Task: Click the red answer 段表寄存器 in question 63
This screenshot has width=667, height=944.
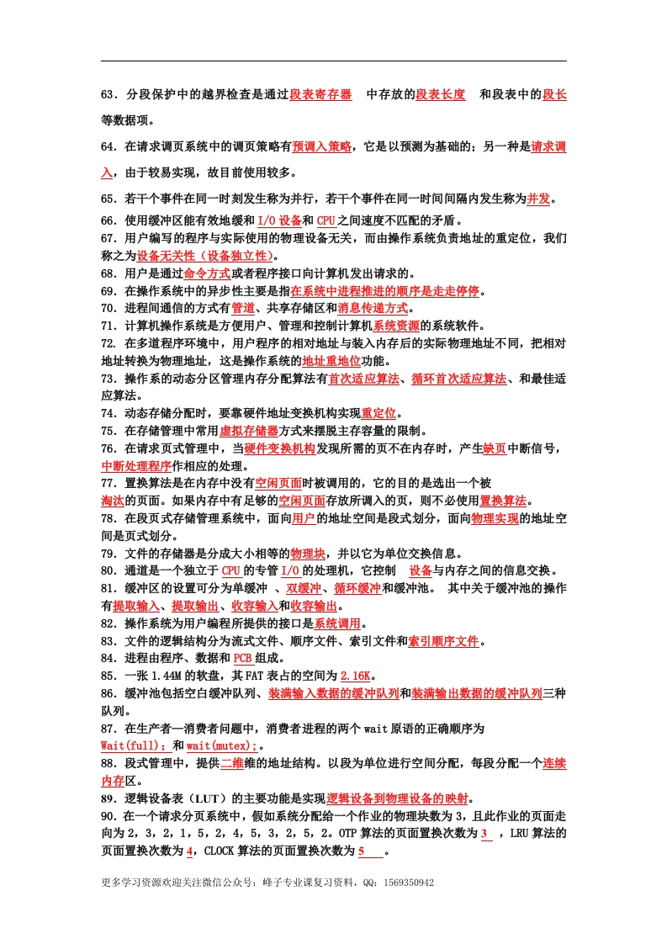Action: [x=320, y=95]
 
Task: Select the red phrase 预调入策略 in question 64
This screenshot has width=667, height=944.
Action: [x=322, y=147]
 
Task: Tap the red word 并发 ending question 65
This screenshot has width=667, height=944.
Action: [x=538, y=199]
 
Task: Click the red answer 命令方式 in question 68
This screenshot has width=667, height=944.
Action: [x=207, y=273]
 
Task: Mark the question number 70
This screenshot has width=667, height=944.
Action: [x=109, y=309]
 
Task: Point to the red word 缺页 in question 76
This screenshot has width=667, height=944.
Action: [x=494, y=449]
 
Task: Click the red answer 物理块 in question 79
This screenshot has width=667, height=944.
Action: [x=308, y=554]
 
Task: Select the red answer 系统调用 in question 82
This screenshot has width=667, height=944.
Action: [x=337, y=624]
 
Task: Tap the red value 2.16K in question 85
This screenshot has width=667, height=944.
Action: [x=358, y=676]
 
